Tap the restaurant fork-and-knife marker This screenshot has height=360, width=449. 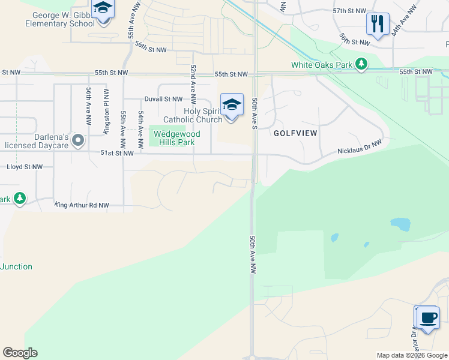[x=378, y=25]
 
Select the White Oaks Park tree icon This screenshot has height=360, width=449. [x=361, y=64]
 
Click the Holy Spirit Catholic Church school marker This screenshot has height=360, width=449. [x=232, y=105]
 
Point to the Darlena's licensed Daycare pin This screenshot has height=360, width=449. [x=77, y=140]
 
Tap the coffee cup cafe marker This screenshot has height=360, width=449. [x=427, y=317]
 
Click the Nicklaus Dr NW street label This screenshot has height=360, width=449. [x=360, y=147]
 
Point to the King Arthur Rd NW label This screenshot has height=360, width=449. [x=82, y=205]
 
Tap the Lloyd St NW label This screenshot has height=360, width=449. [x=25, y=167]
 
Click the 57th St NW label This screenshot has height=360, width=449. [x=349, y=11]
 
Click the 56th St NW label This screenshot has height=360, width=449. [x=150, y=47]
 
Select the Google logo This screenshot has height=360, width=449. [x=20, y=353]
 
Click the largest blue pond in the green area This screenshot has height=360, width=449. [x=400, y=225]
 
